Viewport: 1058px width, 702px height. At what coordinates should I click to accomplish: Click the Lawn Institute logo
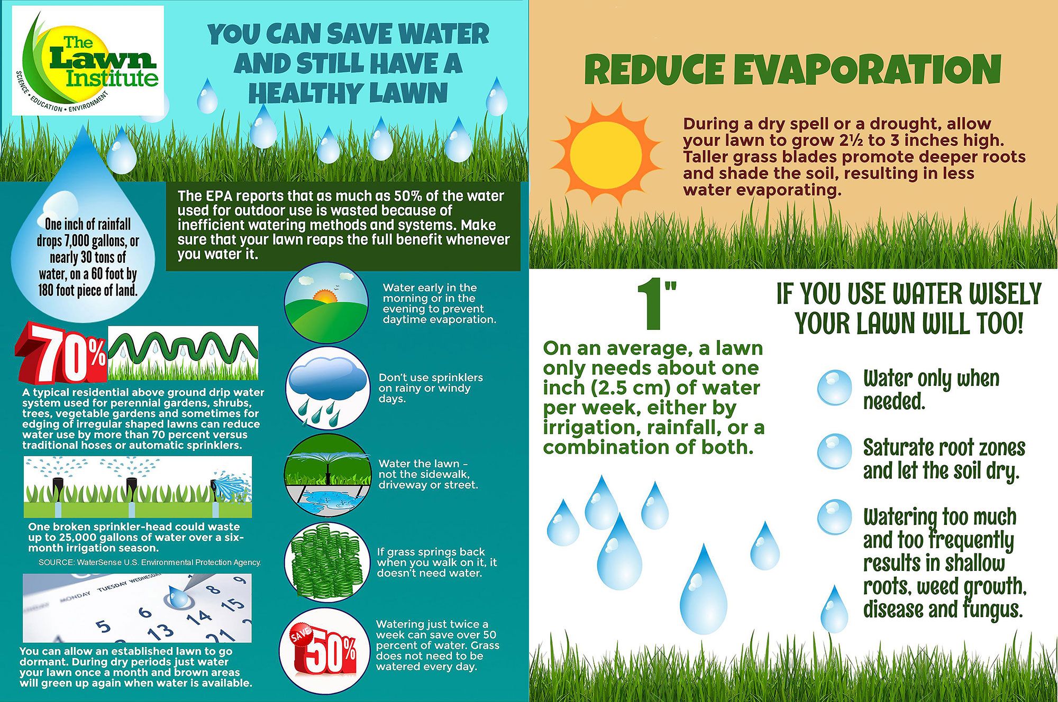point(88,61)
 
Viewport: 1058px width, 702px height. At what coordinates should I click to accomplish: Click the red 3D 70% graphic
point(61,353)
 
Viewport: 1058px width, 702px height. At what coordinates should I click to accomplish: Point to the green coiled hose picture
point(183,353)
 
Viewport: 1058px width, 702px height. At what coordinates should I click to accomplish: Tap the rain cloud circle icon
point(327,387)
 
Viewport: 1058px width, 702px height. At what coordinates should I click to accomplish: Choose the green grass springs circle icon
point(326,563)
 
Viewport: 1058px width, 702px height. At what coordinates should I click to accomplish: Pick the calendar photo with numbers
point(138,608)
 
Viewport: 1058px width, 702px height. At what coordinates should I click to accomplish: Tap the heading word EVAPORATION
point(867,70)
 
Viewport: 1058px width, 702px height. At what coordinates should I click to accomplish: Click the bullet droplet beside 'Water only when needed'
point(834,387)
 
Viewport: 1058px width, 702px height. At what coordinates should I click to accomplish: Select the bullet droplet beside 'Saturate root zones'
point(834,451)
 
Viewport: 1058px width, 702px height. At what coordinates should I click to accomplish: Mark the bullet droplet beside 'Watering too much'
point(834,517)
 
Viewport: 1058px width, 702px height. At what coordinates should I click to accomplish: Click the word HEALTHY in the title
point(305,94)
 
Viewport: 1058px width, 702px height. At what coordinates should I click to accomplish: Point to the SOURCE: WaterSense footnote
point(150,562)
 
